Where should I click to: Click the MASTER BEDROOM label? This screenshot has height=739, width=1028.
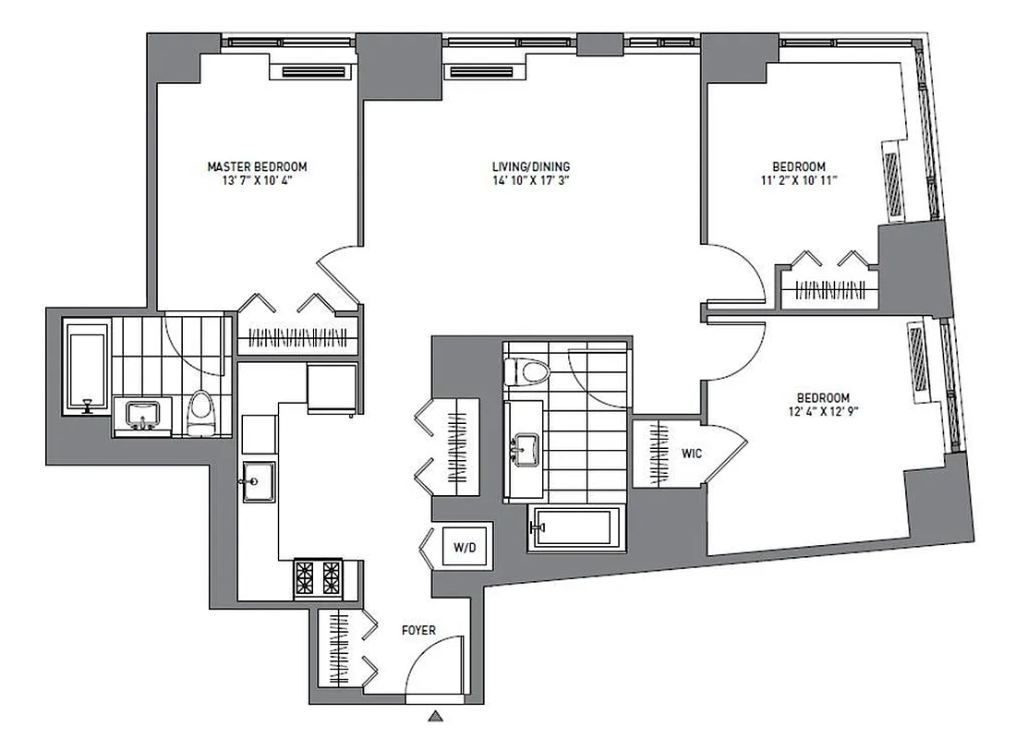click(256, 166)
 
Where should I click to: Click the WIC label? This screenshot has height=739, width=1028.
click(693, 454)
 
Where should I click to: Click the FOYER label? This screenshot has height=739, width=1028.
click(418, 631)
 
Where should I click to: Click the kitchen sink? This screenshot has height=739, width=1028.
click(258, 480)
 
